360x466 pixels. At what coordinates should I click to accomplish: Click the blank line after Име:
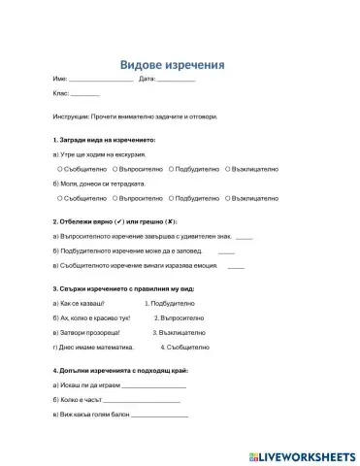click(x=101, y=80)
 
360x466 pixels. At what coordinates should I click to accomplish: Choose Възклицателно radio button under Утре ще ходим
click(x=228, y=168)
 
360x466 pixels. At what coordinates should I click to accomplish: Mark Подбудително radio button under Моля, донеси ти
click(x=171, y=197)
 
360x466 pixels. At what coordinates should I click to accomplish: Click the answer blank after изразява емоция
click(x=236, y=265)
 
